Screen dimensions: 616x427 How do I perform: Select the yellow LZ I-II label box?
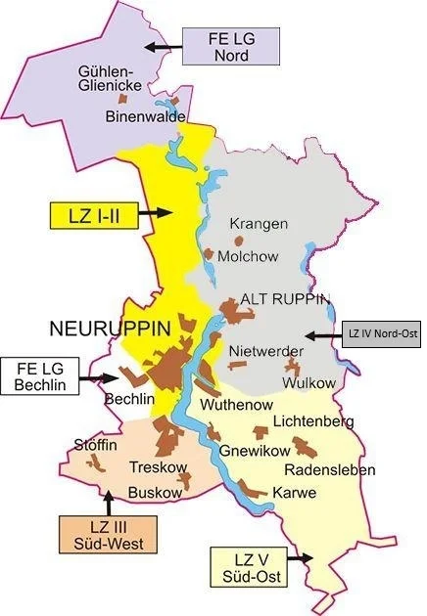click(x=93, y=214)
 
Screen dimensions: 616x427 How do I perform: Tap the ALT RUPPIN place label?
click(x=285, y=299)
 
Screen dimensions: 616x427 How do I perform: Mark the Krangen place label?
click(x=260, y=224)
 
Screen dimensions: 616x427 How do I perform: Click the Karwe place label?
click(x=294, y=493)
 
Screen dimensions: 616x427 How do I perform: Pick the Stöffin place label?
click(x=96, y=446)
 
